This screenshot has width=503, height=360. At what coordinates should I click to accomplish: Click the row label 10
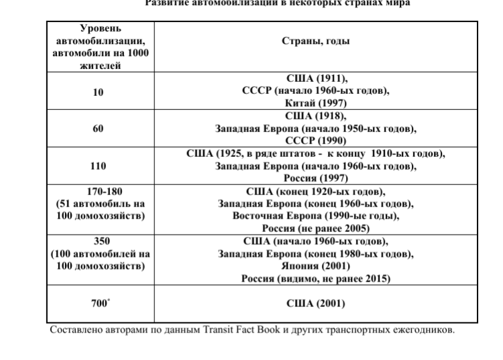click(x=98, y=93)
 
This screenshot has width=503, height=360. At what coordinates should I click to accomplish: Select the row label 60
click(x=98, y=129)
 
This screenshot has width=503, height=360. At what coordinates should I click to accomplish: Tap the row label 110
click(x=98, y=164)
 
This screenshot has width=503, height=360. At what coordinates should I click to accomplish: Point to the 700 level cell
click(x=99, y=304)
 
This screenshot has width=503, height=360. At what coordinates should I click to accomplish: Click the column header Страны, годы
click(x=315, y=40)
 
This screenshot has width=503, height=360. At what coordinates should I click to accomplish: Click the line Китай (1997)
click(x=315, y=104)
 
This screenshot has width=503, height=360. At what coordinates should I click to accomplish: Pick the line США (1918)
click(x=315, y=116)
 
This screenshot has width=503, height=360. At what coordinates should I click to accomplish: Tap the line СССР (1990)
click(x=315, y=141)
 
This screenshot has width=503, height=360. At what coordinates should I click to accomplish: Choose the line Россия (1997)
click(x=315, y=178)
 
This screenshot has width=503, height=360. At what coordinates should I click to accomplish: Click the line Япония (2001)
click(x=315, y=265)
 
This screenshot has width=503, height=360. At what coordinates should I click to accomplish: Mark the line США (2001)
click(x=315, y=304)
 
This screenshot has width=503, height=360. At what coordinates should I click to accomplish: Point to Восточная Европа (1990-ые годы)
click(x=315, y=216)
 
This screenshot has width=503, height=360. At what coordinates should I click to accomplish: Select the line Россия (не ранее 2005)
click(x=315, y=229)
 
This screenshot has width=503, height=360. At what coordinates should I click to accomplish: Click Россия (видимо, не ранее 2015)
click(x=315, y=278)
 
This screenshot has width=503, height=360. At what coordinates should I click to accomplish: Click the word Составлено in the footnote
click(x=78, y=330)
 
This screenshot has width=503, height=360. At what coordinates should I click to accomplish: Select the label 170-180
click(x=100, y=191)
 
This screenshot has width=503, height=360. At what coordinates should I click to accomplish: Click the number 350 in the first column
click(x=100, y=241)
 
